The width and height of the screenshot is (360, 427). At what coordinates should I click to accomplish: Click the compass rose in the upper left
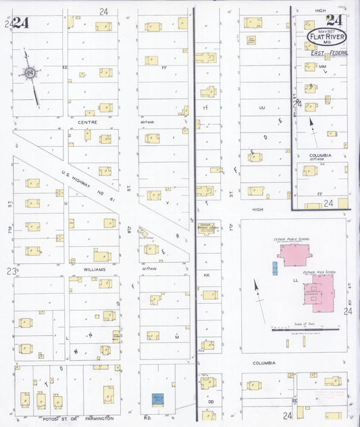[x=30, y=72]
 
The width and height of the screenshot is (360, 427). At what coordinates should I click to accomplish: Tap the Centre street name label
[x=88, y=122]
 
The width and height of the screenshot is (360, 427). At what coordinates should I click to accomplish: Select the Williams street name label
[x=95, y=268]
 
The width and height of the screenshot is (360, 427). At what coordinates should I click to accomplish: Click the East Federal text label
[x=328, y=53]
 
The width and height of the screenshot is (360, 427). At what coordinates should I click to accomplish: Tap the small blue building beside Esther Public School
[x=274, y=268]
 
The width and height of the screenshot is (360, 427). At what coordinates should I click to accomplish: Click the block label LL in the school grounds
[x=295, y=278]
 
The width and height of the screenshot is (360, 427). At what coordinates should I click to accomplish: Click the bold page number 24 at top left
[x=20, y=22]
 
